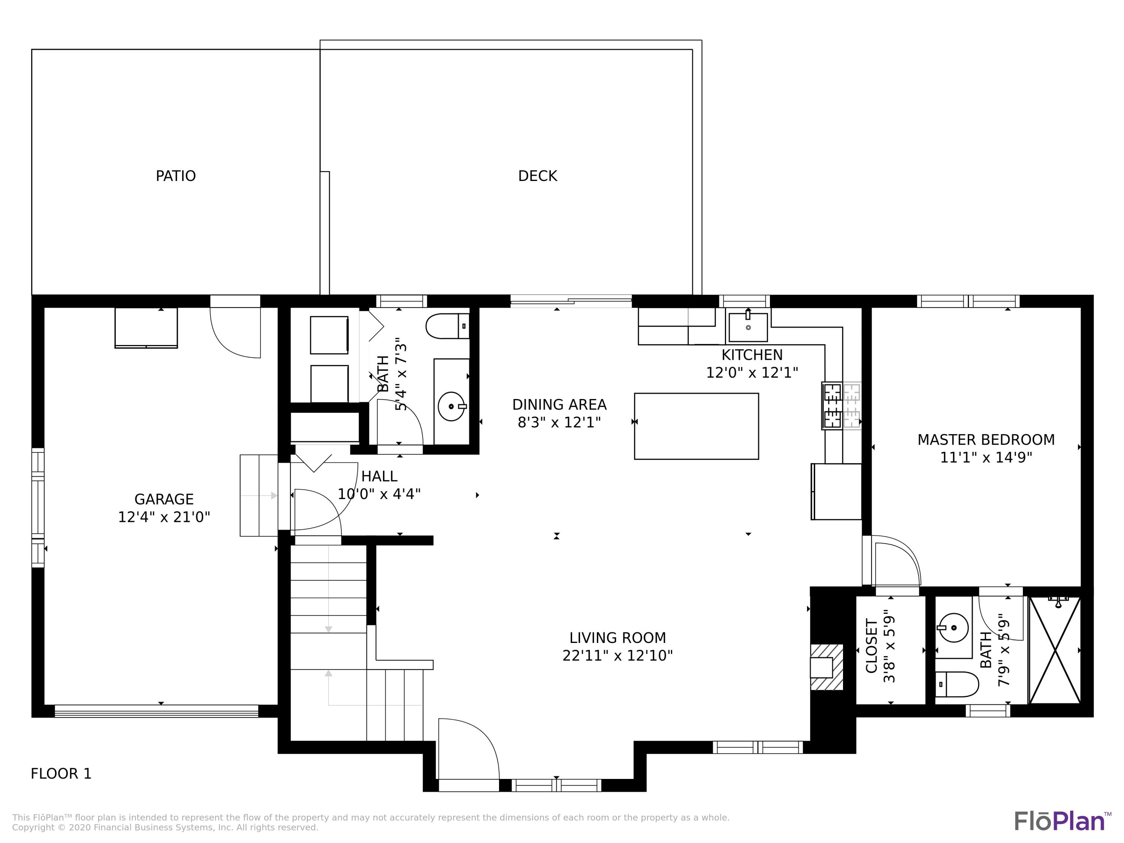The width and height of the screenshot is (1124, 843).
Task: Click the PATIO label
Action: tap(175, 176)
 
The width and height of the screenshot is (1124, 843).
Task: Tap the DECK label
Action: tap(537, 176)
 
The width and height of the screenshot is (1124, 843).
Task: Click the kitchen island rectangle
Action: tap(696, 426)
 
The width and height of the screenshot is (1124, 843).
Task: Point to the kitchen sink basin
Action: tap(747, 327)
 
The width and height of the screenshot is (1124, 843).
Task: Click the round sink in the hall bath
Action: tap(451, 407)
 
